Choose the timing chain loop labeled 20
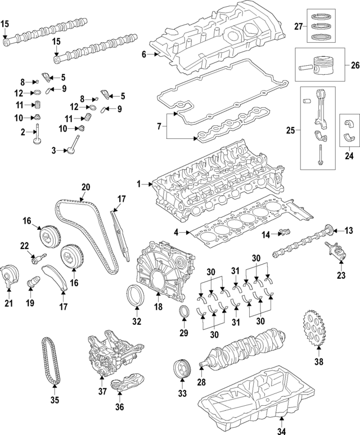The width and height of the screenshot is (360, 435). (x=84, y=236)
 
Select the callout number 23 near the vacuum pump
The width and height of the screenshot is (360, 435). (x=340, y=275)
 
